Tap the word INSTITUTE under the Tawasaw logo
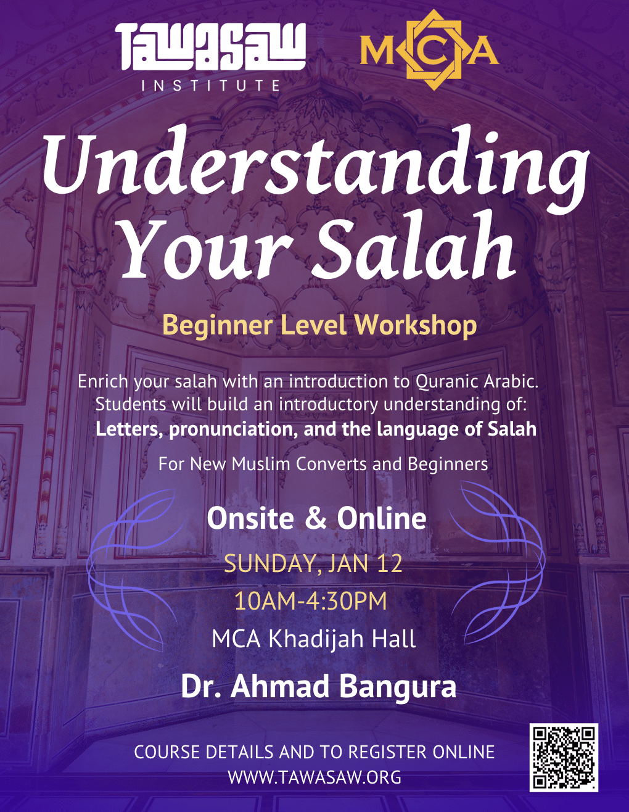click(210, 85)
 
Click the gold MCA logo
click(429, 49)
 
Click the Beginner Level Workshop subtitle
click(319, 326)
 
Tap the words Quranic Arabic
click(477, 382)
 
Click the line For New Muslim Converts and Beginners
click(323, 464)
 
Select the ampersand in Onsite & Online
click(316, 519)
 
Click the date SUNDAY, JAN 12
click(313, 563)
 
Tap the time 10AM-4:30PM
click(311, 602)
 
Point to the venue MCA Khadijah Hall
click(313, 639)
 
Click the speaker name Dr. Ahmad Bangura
click(318, 687)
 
